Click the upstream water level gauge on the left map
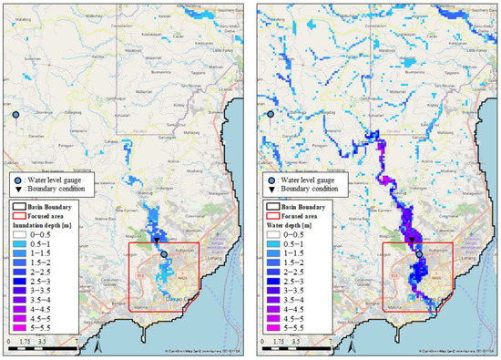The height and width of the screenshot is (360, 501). click(x=16, y=115)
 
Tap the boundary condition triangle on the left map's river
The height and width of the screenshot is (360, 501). click(x=157, y=241)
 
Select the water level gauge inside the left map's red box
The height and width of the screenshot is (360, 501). click(x=164, y=255)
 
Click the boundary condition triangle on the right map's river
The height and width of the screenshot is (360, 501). click(x=412, y=240)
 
